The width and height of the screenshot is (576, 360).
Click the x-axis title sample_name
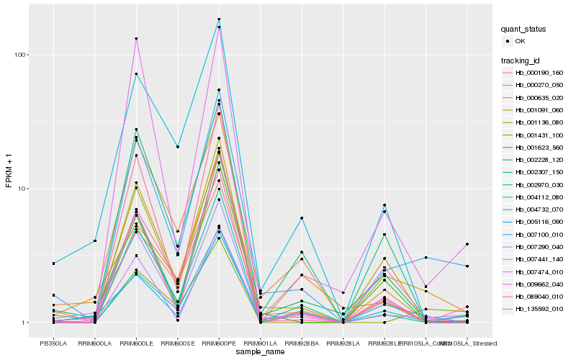pos(260,351)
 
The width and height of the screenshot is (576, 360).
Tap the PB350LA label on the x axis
pos(53,343)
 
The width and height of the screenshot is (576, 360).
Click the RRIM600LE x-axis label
pos(136,343)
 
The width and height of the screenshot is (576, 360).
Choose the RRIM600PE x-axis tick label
pos(219,343)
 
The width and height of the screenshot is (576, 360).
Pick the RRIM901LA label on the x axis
pos(260,343)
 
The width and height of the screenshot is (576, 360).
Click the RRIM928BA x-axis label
pos(302,343)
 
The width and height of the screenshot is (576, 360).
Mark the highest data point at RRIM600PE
pos(219,19)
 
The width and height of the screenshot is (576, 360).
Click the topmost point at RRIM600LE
pos(136,38)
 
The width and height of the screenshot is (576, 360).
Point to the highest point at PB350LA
pos(53,264)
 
